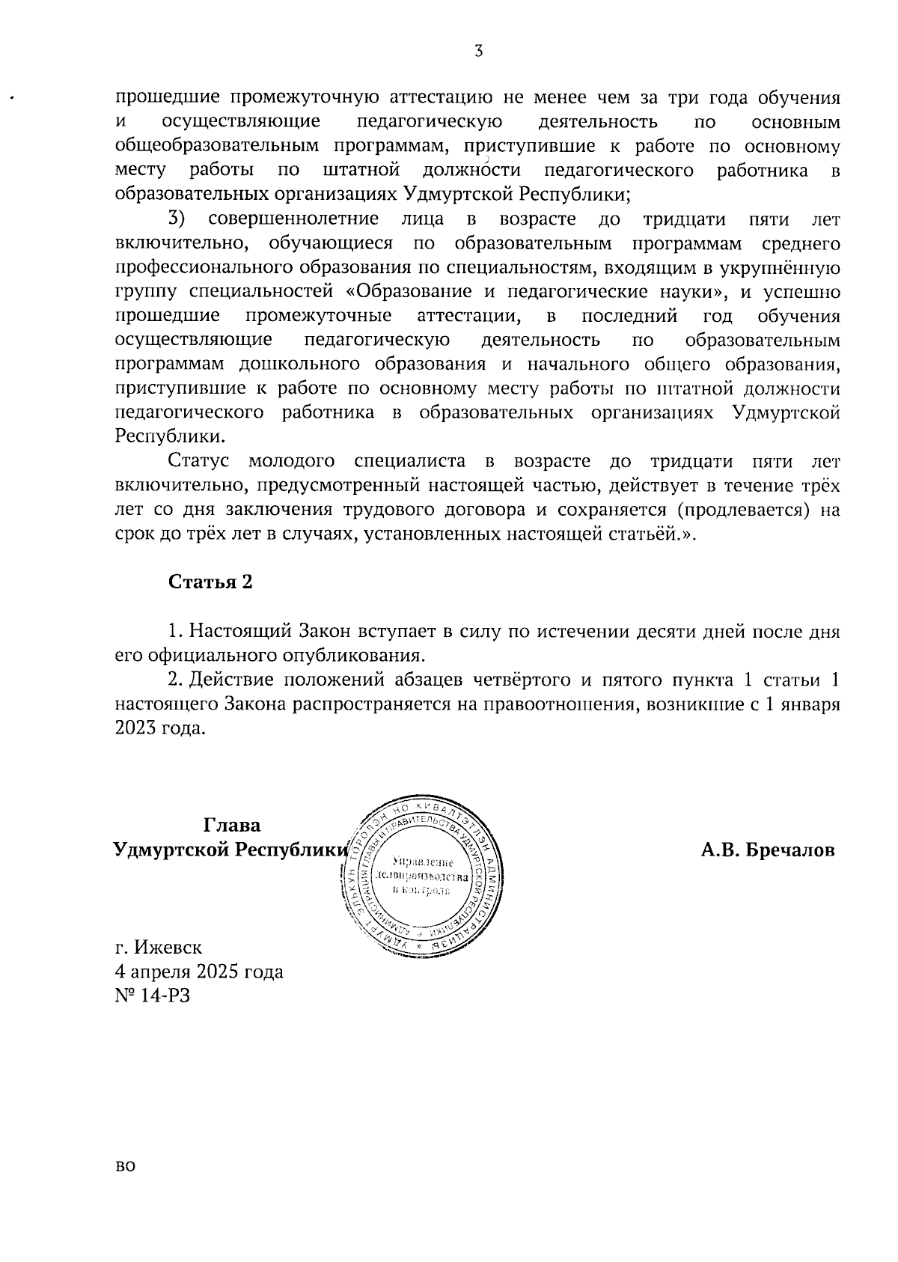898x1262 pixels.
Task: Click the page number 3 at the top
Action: [479, 52]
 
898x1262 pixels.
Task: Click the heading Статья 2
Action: [210, 582]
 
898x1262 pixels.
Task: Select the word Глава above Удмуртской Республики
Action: [233, 825]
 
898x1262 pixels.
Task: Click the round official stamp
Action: [421, 874]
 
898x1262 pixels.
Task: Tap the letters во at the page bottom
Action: [125, 1186]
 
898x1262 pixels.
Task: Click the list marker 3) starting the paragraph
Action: [177, 219]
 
